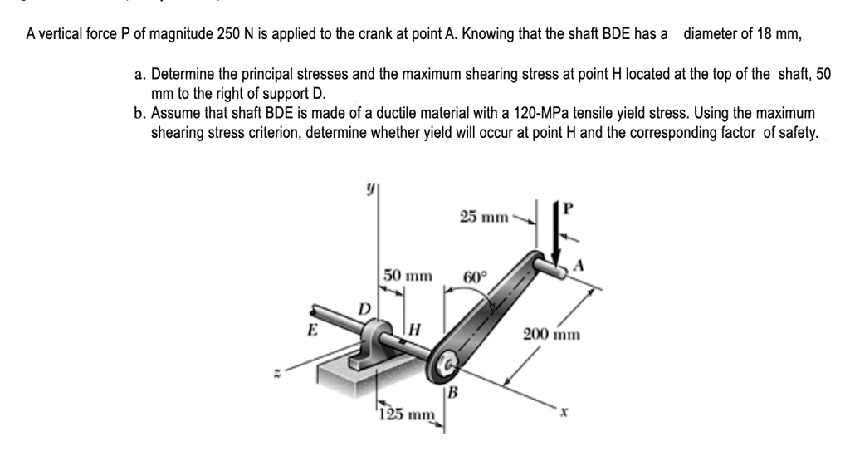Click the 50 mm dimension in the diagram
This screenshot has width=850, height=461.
(408, 274)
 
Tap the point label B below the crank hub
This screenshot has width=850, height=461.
(452, 392)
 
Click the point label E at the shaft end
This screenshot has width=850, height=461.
(313, 326)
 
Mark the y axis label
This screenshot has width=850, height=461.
(363, 190)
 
